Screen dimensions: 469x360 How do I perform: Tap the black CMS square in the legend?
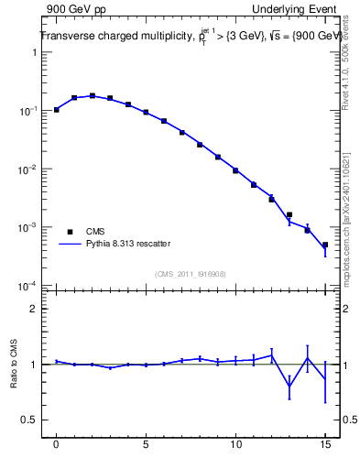[68, 232]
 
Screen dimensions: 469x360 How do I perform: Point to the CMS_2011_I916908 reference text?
[191, 273]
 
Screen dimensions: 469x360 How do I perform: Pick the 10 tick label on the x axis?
[235, 445]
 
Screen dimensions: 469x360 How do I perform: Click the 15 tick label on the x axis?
[325, 445]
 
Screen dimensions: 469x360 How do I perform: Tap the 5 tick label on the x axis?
[146, 445]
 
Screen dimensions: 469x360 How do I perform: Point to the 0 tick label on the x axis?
[56, 445]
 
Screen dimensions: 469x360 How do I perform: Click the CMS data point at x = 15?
[325, 245]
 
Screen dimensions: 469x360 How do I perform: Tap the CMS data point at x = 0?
[56, 110]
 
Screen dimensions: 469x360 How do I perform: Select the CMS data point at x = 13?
[289, 214]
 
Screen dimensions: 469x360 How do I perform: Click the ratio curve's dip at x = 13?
[289, 386]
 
